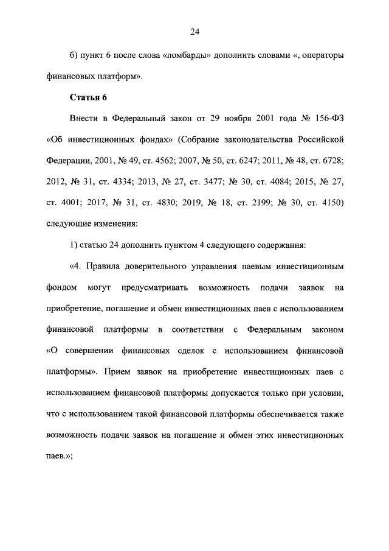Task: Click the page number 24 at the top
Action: click(x=194, y=32)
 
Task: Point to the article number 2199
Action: click(x=280, y=202)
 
